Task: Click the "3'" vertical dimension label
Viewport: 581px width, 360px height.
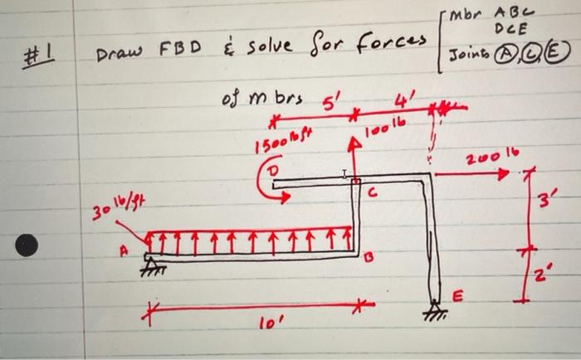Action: point(546,200)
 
